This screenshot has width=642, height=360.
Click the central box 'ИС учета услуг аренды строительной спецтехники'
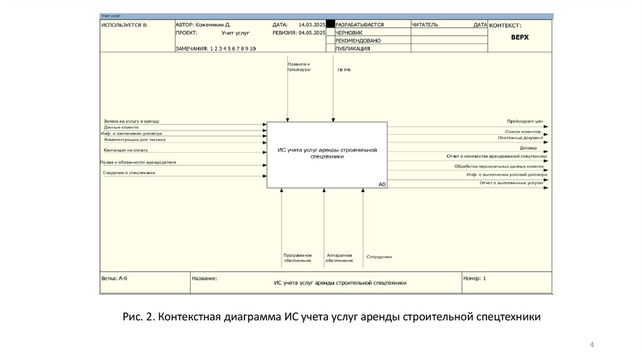pyautogui.click(x=327, y=154)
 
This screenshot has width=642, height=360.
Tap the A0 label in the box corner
pyautogui.click(x=382, y=184)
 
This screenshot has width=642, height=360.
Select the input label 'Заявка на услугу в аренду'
pyautogui.click(x=132, y=120)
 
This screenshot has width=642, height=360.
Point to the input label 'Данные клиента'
pyautogui.click(x=121, y=127)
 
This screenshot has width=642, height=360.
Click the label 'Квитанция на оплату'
pyautogui.click(x=127, y=151)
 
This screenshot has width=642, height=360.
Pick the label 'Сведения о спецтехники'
pyautogui.click(x=129, y=172)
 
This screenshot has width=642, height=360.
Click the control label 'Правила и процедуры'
pyautogui.click(x=298, y=66)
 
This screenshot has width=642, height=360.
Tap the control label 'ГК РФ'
pyautogui.click(x=344, y=70)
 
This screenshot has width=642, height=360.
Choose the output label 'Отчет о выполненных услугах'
pyautogui.click(x=511, y=183)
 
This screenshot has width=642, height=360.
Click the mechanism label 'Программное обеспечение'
pyautogui.click(x=297, y=258)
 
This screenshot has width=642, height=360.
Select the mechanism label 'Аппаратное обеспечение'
pyautogui.click(x=339, y=258)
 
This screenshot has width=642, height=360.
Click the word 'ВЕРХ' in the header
pyautogui.click(x=520, y=37)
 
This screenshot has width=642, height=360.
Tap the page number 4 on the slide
pyautogui.click(x=592, y=345)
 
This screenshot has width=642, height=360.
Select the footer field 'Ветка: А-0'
pyautogui.click(x=114, y=278)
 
